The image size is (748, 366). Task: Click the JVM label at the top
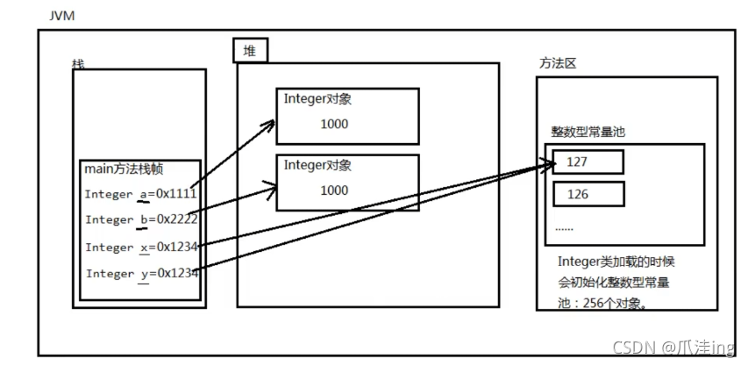[x=61, y=16]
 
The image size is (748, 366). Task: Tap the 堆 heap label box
[x=251, y=51]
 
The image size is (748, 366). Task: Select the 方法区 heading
[x=558, y=63]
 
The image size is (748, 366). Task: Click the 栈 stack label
[x=78, y=64]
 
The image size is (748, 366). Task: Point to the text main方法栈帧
[x=125, y=169]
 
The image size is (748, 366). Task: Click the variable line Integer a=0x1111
[x=140, y=194]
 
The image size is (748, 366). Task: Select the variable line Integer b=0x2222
[x=142, y=219]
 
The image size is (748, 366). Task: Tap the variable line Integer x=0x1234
[x=142, y=248]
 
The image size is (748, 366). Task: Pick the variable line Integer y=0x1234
[x=142, y=274]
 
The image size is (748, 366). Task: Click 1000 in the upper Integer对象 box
[x=334, y=124]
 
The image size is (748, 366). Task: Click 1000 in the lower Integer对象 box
[x=334, y=190]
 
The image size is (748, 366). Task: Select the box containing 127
[x=588, y=162]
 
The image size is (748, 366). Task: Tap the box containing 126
[x=588, y=194]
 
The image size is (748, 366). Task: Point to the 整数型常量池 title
[x=588, y=132]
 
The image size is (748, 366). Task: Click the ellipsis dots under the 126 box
[x=565, y=228]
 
